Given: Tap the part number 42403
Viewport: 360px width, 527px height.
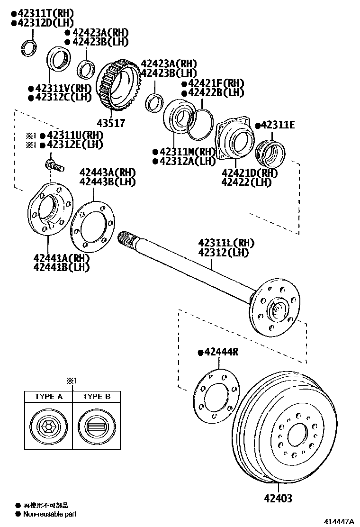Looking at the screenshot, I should click(x=278, y=498).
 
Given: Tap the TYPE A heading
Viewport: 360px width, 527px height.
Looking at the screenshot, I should click(x=48, y=396).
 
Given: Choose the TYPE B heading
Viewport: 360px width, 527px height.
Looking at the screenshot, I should click(x=97, y=396).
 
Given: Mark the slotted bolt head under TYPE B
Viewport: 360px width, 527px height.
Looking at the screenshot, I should click(x=97, y=426).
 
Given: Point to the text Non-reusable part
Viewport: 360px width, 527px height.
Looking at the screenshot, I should click(x=49, y=514).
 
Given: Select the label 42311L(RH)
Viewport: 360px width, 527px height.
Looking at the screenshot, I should click(x=226, y=243).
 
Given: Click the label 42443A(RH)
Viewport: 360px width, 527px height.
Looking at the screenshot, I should click(x=108, y=172).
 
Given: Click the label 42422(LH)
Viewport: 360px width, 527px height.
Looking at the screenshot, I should click(x=246, y=182).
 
